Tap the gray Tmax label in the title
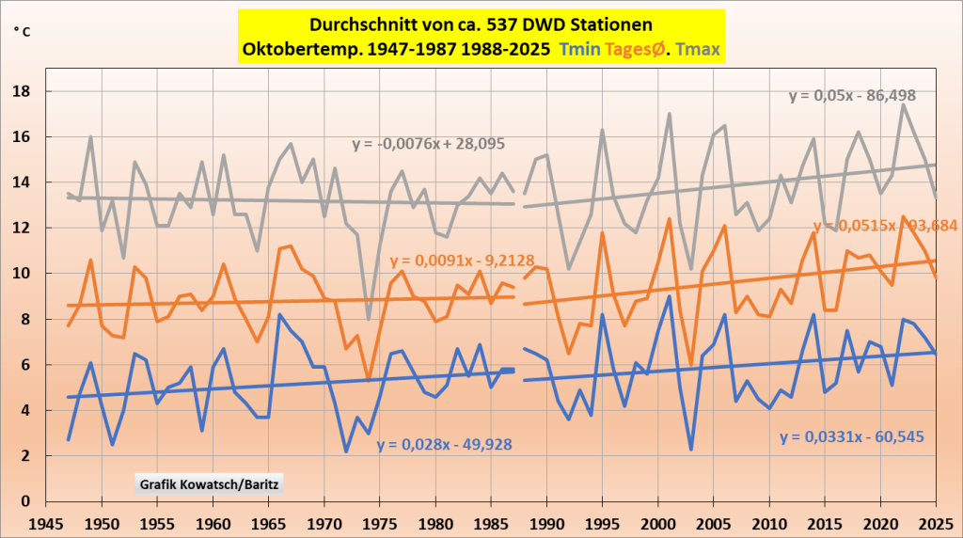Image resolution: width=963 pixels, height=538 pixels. (699, 47)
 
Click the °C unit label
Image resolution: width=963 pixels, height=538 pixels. (22, 31)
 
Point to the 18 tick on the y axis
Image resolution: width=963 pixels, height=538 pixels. (27, 91)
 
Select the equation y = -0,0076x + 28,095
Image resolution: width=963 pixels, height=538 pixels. (429, 144)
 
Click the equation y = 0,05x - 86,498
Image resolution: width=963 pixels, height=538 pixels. (852, 95)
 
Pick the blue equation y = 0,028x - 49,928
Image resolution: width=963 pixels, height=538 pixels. (445, 444)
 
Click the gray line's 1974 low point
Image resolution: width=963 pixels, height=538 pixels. (369, 319)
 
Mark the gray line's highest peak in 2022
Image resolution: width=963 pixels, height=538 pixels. (903, 104)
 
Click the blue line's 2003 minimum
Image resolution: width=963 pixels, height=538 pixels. (691, 450)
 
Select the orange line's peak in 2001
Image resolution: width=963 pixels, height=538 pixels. (670, 219)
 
